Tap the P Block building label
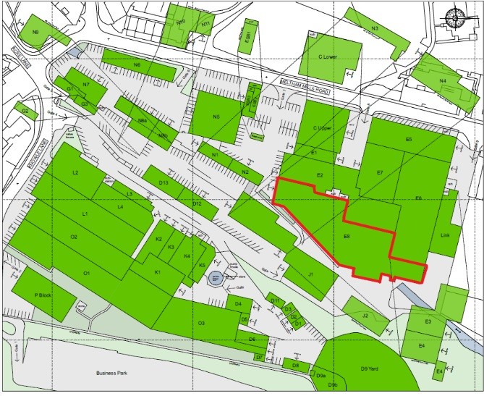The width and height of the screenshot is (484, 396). pyautogui.click(x=44, y=295)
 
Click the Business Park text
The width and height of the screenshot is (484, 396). pyautogui.click(x=111, y=373)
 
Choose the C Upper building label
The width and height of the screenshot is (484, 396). pyautogui.click(x=321, y=129)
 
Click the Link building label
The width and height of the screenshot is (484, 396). pyautogui.click(x=445, y=236)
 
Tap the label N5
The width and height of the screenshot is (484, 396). pyautogui.click(x=216, y=117)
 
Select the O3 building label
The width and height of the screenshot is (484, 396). pyautogui.click(x=202, y=323)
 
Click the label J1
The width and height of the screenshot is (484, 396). pyautogui.click(x=310, y=274)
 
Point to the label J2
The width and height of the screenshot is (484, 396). pyautogui.click(x=365, y=315)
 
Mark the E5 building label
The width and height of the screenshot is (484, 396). pyautogui.click(x=409, y=139)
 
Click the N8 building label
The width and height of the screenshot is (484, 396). pyautogui.click(x=35, y=33)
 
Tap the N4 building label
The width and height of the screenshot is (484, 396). pyautogui.click(x=442, y=80)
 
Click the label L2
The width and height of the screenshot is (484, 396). pyautogui.click(x=75, y=173)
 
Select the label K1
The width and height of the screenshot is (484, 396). pyautogui.click(x=157, y=272)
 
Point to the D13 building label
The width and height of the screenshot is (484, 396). pyautogui.click(x=164, y=183)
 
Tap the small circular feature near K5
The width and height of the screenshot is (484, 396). pyautogui.click(x=214, y=277)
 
